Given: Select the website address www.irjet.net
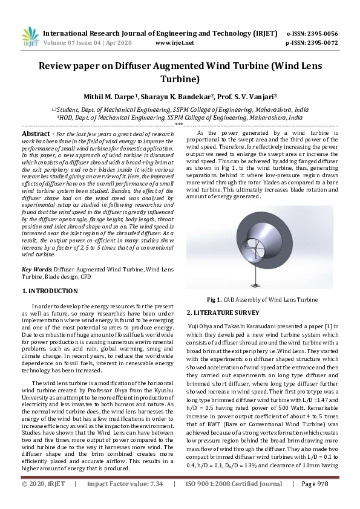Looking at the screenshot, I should click(175, 43).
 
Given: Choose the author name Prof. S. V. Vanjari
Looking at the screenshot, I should click(247, 96).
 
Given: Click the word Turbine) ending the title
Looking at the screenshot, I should click(180, 78).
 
